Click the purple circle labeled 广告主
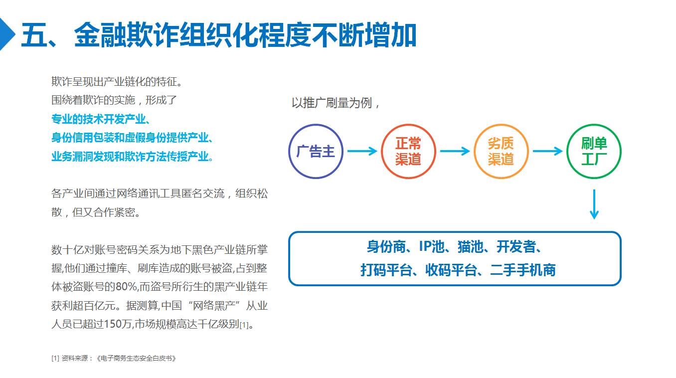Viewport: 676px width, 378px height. coord(316,151)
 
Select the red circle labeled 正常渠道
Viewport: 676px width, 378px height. coord(408,151)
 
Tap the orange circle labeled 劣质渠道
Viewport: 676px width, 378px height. coord(501,151)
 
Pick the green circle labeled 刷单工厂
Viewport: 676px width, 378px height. coord(594,151)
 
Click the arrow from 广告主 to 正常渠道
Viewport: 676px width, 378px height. coord(362,151)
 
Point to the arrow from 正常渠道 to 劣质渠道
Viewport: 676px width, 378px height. coord(455,151)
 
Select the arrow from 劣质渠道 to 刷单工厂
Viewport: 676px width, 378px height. coord(547,151)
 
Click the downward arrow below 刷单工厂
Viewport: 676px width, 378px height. coord(594,204)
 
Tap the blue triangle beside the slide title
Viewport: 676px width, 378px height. coord(6,34)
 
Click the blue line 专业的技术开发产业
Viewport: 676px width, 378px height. coord(101,119)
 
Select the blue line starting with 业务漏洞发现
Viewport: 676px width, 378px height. coord(132,156)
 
